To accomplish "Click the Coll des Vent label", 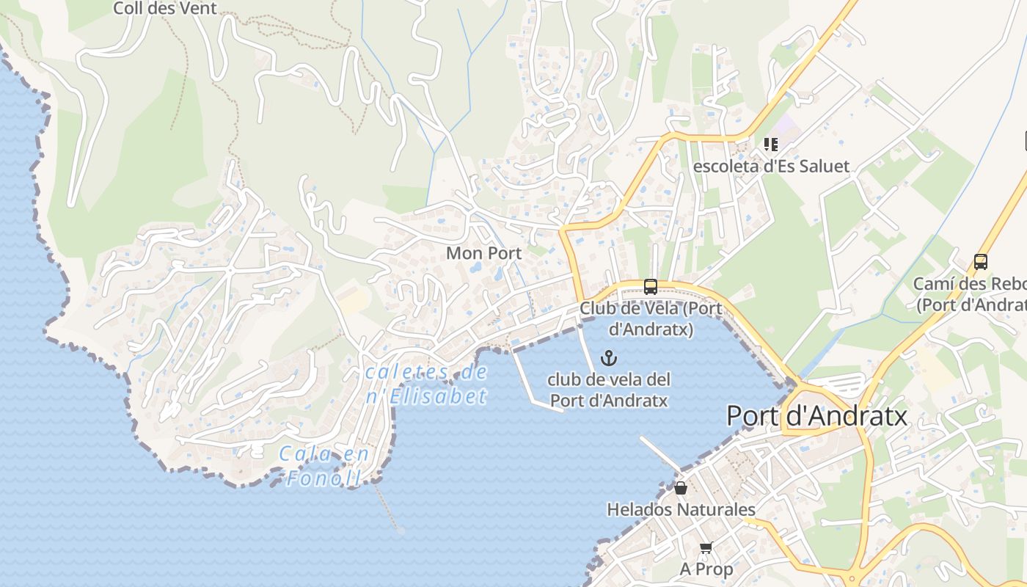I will [165, 9].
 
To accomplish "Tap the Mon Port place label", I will [484, 253].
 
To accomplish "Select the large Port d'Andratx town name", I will [816, 417].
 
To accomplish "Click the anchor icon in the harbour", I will [608, 358].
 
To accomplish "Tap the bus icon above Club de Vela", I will [651, 286].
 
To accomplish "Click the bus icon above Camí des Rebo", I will [981, 261].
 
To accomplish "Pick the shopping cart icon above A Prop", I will [706, 547].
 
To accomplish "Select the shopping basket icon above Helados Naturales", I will [681, 488].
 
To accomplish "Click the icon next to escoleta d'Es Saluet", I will [770, 144].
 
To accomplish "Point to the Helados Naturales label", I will [681, 509].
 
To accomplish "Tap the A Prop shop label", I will [706, 569].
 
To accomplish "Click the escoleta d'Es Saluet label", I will [771, 166].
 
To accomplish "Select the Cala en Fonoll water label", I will [324, 467].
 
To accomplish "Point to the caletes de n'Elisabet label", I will [426, 384].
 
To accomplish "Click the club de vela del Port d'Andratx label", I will [609, 390].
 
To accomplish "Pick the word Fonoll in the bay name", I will [324, 479].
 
